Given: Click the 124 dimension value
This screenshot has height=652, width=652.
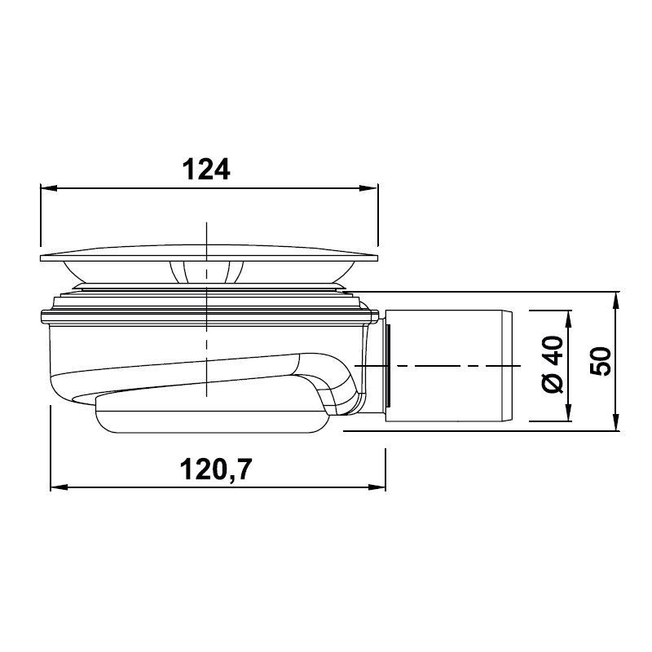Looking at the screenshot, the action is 206,170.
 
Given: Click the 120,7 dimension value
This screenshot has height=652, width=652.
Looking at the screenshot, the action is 216,469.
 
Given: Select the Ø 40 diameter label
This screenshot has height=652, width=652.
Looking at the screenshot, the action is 553,364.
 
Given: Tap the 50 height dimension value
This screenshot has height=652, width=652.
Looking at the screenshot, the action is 601,361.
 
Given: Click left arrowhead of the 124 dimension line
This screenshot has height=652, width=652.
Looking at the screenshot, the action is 48,188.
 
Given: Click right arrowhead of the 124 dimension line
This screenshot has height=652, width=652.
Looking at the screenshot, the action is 369,188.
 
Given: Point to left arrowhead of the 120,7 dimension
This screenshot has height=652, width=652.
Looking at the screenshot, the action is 59,487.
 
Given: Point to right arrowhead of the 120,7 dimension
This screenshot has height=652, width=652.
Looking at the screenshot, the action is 377,487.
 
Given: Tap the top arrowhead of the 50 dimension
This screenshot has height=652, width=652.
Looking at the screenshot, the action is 616,300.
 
